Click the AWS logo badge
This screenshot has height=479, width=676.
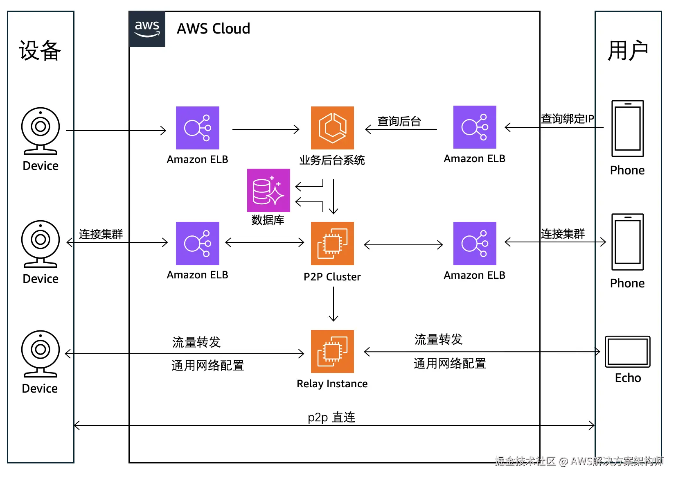click(147, 29)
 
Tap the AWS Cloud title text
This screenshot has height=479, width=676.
click(213, 29)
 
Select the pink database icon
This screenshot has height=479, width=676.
click(268, 190)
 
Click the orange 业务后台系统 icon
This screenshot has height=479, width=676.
click(332, 128)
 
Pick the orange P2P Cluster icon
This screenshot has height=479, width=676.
click(332, 244)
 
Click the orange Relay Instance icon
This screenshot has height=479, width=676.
click(332, 351)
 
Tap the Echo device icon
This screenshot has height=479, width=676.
click(627, 352)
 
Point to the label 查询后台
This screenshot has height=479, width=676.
click(399, 121)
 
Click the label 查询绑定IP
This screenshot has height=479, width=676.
click(567, 119)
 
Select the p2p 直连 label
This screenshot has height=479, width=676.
click(331, 417)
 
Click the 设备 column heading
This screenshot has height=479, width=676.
click(40, 51)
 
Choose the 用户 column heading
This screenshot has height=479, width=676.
click(628, 51)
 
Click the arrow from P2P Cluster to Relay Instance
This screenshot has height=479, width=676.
click(333, 304)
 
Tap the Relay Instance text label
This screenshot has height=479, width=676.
click(332, 384)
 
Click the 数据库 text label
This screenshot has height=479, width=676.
click(268, 220)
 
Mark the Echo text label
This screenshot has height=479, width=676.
click(628, 378)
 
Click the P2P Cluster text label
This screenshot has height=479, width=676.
click(332, 277)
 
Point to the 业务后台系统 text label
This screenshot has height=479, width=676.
click(332, 160)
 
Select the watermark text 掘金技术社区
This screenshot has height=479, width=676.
click(525, 461)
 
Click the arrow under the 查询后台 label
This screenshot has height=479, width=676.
click(401, 129)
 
